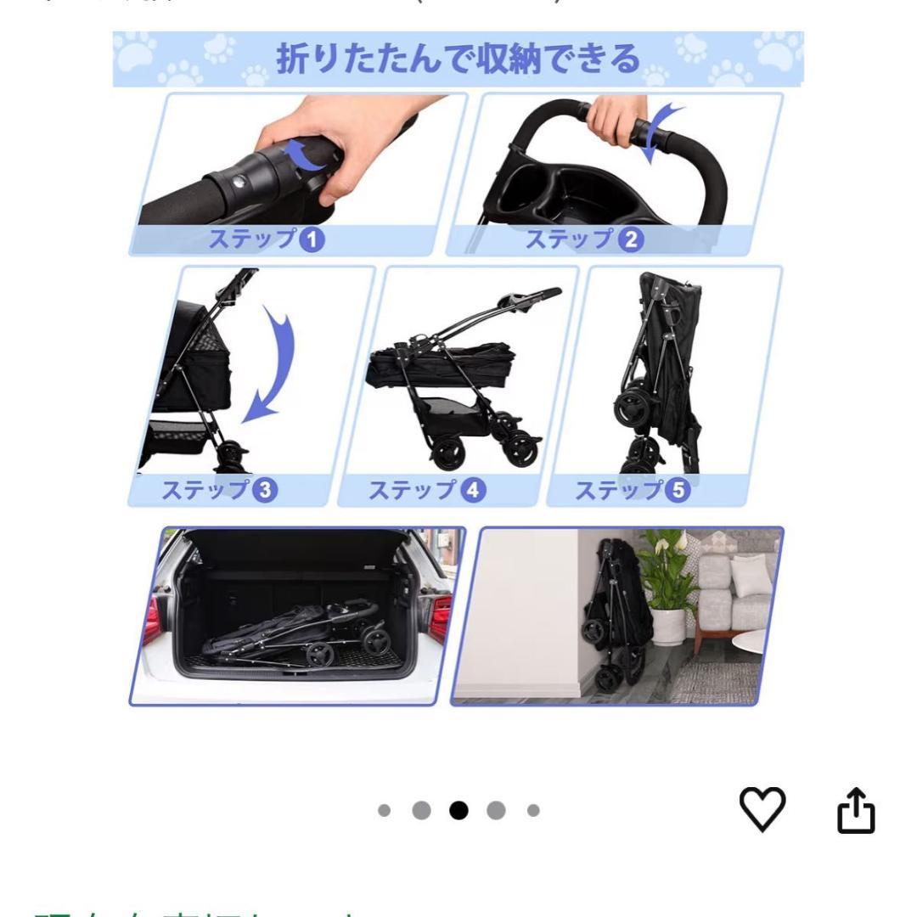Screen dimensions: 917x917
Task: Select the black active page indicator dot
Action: (458, 810)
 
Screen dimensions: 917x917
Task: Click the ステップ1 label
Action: (267, 240)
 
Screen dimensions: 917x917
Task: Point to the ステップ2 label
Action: (583, 240)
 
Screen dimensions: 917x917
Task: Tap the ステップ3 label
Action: (219, 490)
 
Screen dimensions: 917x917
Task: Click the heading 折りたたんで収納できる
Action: (458, 59)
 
